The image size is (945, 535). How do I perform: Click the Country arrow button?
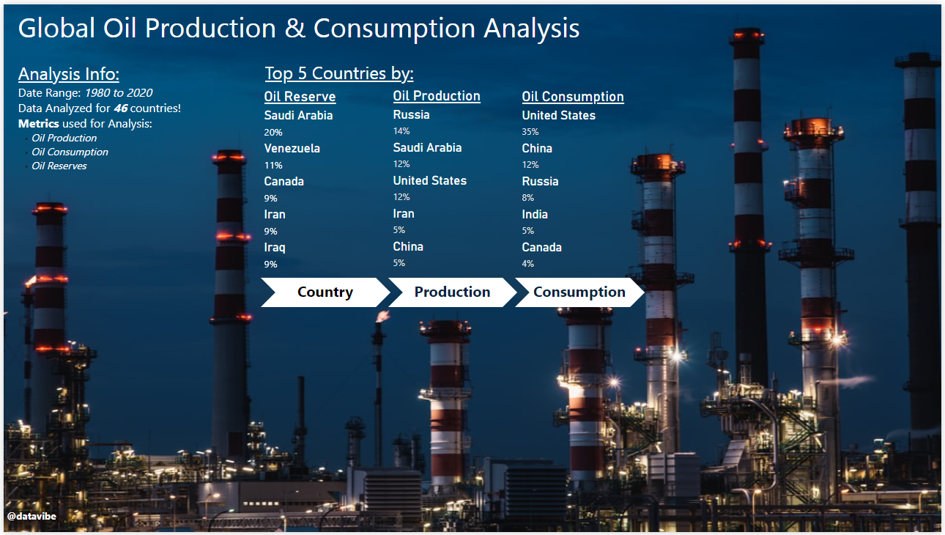click(x=325, y=292)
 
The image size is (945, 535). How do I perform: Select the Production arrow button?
click(x=452, y=292)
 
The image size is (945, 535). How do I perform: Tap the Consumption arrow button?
click(x=579, y=292)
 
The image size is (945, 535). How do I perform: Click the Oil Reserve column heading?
click(x=300, y=97)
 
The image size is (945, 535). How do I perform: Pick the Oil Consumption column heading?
click(x=573, y=97)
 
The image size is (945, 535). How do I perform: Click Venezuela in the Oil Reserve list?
click(x=292, y=149)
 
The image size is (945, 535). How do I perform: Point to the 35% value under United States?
click(x=530, y=132)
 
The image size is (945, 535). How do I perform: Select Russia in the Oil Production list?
click(x=411, y=115)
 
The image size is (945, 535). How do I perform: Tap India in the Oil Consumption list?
click(x=535, y=214)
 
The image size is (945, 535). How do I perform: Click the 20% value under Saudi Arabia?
click(x=273, y=133)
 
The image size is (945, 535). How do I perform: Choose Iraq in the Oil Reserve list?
click(x=275, y=248)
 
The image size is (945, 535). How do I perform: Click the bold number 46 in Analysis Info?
click(x=121, y=108)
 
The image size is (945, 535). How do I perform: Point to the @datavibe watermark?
click(x=31, y=516)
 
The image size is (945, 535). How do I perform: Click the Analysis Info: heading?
click(x=69, y=74)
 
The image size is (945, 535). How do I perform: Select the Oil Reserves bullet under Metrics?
click(x=59, y=166)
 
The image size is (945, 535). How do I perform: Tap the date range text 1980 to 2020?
click(x=119, y=93)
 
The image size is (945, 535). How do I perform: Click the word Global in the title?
click(x=56, y=29)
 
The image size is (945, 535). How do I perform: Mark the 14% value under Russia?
click(x=401, y=131)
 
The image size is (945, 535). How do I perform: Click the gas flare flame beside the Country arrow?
click(x=383, y=316)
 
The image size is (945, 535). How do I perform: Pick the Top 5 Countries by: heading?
click(x=339, y=74)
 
